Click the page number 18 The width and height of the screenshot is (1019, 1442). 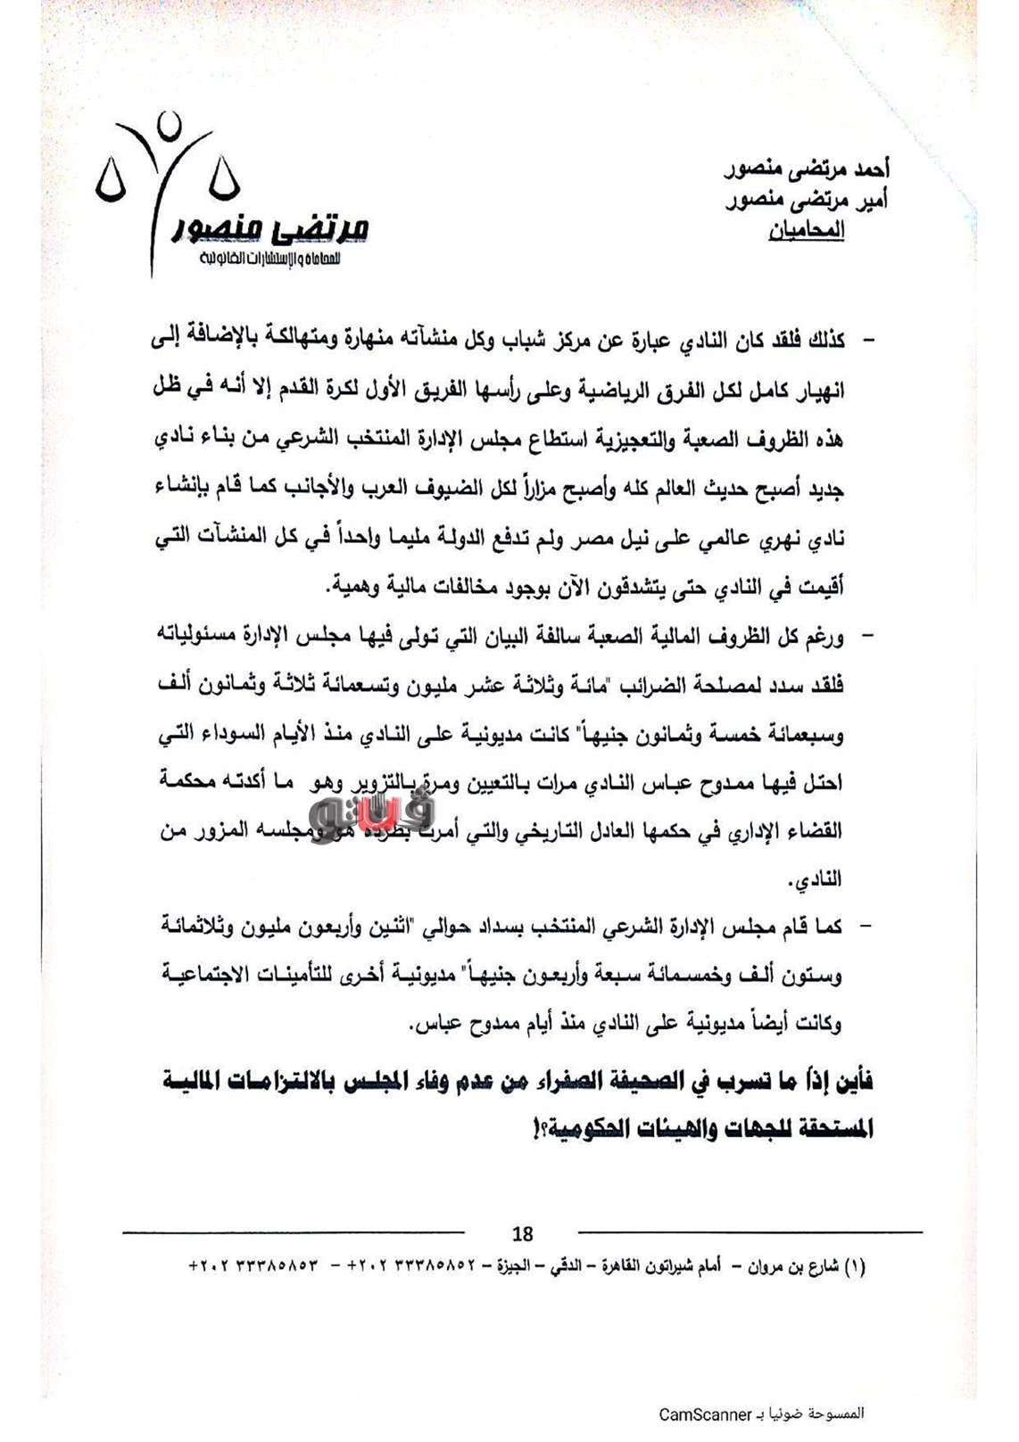[x=523, y=1233]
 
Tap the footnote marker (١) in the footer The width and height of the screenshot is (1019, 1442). [x=854, y=1266]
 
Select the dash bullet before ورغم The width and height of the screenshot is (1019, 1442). [x=865, y=637]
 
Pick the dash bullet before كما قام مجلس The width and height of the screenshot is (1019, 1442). [x=865, y=927]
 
